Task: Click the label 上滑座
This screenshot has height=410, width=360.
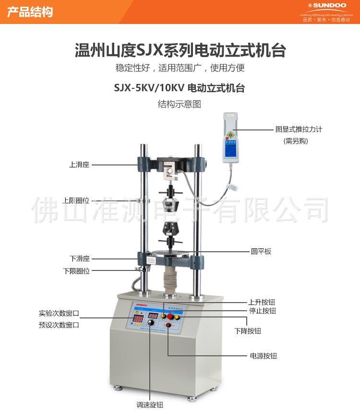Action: [x=79, y=164]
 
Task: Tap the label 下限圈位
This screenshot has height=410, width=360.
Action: [x=76, y=271]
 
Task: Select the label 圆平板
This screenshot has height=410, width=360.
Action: [x=261, y=251]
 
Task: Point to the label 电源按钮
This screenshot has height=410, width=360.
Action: [x=263, y=356]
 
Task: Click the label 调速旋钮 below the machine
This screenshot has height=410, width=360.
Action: [x=150, y=405]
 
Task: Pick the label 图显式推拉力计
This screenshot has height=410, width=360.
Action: [x=299, y=129]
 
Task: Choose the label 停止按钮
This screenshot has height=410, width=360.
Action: [x=262, y=311]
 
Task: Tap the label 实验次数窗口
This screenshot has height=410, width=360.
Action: [x=59, y=314]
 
